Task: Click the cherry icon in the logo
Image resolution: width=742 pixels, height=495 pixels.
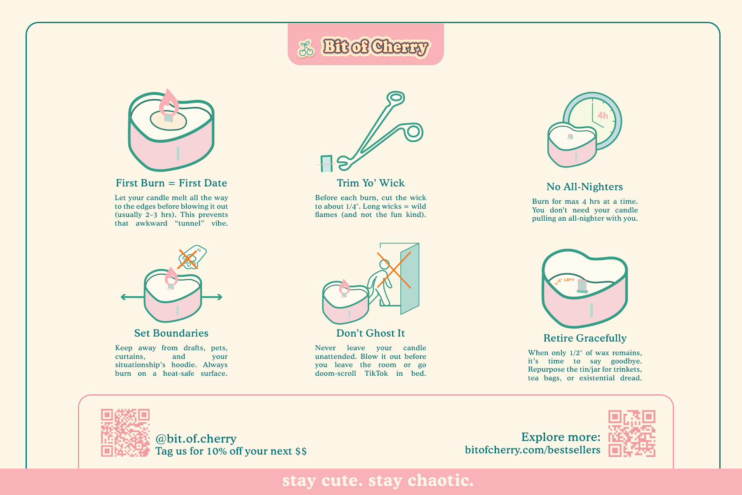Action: (x=306, y=48)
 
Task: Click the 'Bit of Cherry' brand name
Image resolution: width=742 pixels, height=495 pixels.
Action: (x=376, y=47)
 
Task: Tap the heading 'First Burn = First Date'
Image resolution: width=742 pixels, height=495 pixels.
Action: (x=171, y=183)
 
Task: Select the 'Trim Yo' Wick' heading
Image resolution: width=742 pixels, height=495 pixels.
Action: (x=371, y=183)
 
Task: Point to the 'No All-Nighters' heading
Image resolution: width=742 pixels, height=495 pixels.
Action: (x=585, y=187)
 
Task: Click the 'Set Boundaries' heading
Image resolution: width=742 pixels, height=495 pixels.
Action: (x=171, y=333)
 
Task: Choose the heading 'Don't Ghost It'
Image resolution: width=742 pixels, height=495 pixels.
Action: (x=371, y=333)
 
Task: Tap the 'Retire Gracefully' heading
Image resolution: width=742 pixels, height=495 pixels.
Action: (x=585, y=338)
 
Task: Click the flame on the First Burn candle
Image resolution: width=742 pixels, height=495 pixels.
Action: (x=169, y=103)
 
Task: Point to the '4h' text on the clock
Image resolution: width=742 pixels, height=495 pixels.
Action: (x=603, y=115)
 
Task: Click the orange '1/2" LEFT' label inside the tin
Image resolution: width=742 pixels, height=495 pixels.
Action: (x=564, y=281)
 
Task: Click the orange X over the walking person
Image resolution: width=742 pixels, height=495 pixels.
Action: (x=394, y=270)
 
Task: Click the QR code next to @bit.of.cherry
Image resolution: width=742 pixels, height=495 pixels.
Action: (x=125, y=433)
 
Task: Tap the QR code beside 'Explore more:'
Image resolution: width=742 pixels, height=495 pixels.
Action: (x=632, y=434)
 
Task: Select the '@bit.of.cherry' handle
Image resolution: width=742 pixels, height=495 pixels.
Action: (x=196, y=438)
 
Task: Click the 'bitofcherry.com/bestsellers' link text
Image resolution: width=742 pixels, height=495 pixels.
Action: (x=533, y=450)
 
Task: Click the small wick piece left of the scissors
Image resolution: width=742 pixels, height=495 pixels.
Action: (x=326, y=164)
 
